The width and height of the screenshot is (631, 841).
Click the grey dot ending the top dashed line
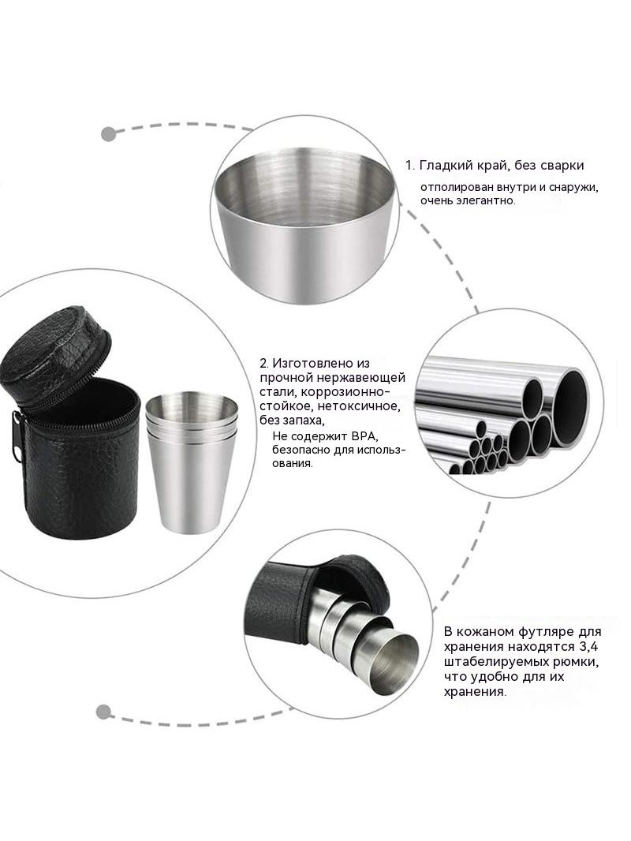109,134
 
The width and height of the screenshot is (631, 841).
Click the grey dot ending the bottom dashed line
103,712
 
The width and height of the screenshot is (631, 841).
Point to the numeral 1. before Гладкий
409,166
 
